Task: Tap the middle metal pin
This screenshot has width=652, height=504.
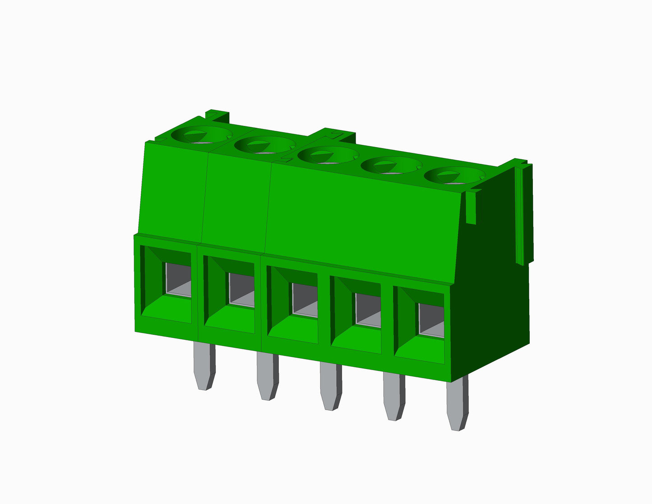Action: pos(331,386)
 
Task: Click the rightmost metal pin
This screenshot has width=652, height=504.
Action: pos(457,404)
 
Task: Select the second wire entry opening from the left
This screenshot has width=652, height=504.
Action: pos(241,290)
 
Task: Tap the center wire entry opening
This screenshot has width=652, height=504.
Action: pos(305,300)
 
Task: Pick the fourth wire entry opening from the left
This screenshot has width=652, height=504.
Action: pos(368,310)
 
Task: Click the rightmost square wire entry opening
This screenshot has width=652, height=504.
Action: pos(431,320)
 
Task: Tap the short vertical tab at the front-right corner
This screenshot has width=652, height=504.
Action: pos(471,208)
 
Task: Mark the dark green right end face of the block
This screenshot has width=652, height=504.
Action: pos(492,298)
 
